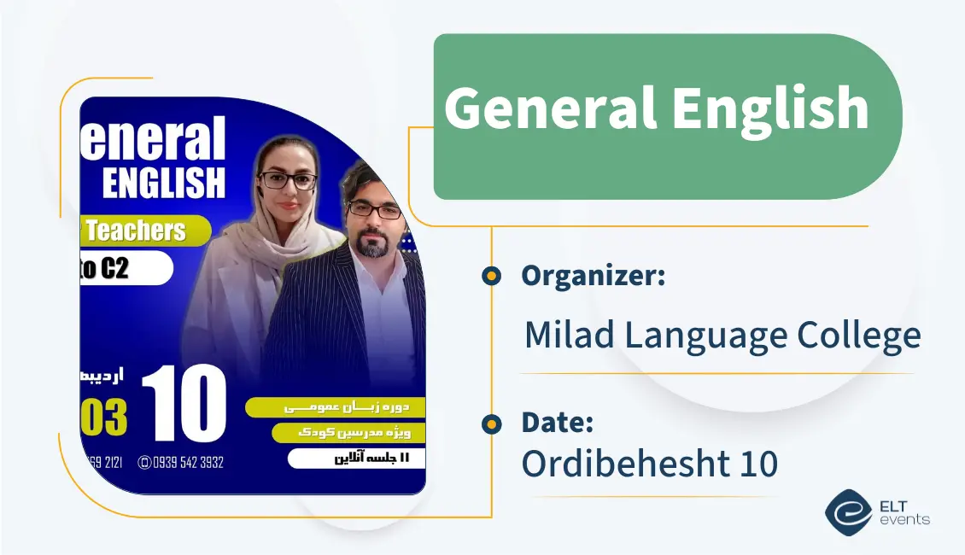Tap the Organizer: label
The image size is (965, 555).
pyautogui.click(x=593, y=276)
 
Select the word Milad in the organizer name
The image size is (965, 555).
pyautogui.click(x=569, y=335)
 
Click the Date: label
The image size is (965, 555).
pyautogui.click(x=557, y=423)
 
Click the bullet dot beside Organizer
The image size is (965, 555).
pyautogui.click(x=491, y=276)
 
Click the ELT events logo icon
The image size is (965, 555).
pyautogui.click(x=848, y=511)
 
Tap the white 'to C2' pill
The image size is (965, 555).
pyautogui.click(x=124, y=269)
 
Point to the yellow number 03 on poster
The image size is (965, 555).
pyautogui.click(x=103, y=418)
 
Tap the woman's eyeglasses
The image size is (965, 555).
pyautogui.click(x=287, y=180)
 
